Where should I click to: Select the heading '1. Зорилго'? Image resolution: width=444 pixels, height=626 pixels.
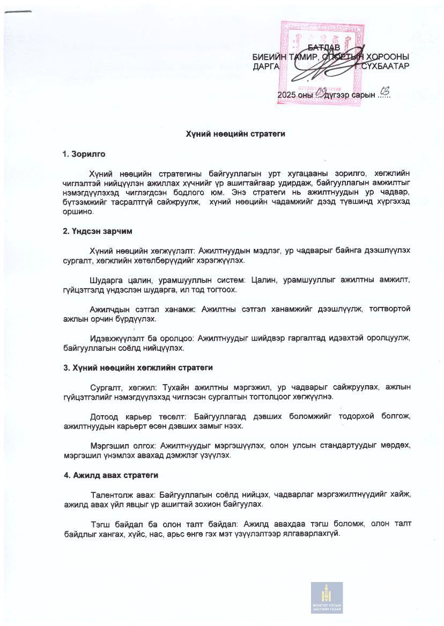point(84,154)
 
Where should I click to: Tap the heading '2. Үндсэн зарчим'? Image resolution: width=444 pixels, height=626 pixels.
point(97,231)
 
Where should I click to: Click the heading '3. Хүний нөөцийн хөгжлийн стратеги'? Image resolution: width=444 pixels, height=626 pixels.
point(138,367)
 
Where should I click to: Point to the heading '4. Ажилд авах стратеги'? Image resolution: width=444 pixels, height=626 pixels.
point(110,475)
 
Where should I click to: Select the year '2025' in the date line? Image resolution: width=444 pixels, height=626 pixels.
point(286,95)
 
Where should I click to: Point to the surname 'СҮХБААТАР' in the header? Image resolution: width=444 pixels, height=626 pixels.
point(386,66)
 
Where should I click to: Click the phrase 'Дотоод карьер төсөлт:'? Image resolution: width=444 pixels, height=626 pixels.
point(134,416)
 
